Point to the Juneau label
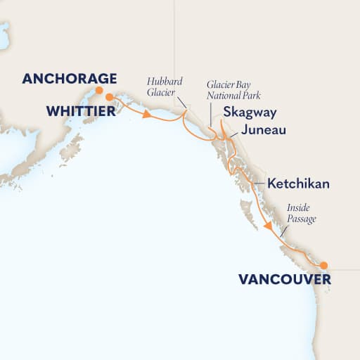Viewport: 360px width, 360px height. pyautogui.click(x=262, y=130)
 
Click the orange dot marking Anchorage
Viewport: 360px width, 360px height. pyautogui.click(x=99, y=90)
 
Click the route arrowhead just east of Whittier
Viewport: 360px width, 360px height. pyautogui.click(x=148, y=115)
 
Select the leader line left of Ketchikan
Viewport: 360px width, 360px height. pyautogui.click(x=256, y=185)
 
